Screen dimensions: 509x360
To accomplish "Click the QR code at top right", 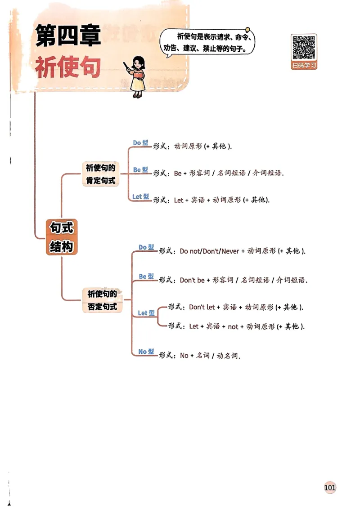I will pos(304,47).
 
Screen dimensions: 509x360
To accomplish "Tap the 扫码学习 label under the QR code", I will pos(304,66).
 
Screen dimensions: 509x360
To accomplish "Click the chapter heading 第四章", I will pos(68,36).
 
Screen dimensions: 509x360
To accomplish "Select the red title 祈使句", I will pos(68,67).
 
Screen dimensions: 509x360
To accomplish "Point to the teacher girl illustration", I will pos(138,77).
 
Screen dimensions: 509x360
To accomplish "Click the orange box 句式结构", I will pos(62,237).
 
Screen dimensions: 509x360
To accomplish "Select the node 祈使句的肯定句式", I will pos(101,174).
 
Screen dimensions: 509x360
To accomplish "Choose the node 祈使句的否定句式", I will pos(102,300).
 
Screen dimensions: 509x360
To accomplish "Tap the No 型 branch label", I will pos(146,352).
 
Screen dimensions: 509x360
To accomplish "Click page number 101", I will pos(330,487).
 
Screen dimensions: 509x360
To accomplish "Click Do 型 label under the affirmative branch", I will pos(140,143).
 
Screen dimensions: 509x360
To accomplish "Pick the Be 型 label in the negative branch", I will pos(146,276).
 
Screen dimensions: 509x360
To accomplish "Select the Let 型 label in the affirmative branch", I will pos(140,196).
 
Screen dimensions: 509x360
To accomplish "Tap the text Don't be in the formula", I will pos(192,280).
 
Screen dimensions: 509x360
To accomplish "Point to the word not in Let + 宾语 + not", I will pos(233,327).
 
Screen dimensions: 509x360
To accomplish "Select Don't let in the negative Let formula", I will pos(202,307).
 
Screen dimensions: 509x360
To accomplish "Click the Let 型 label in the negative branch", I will pos(146,313).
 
